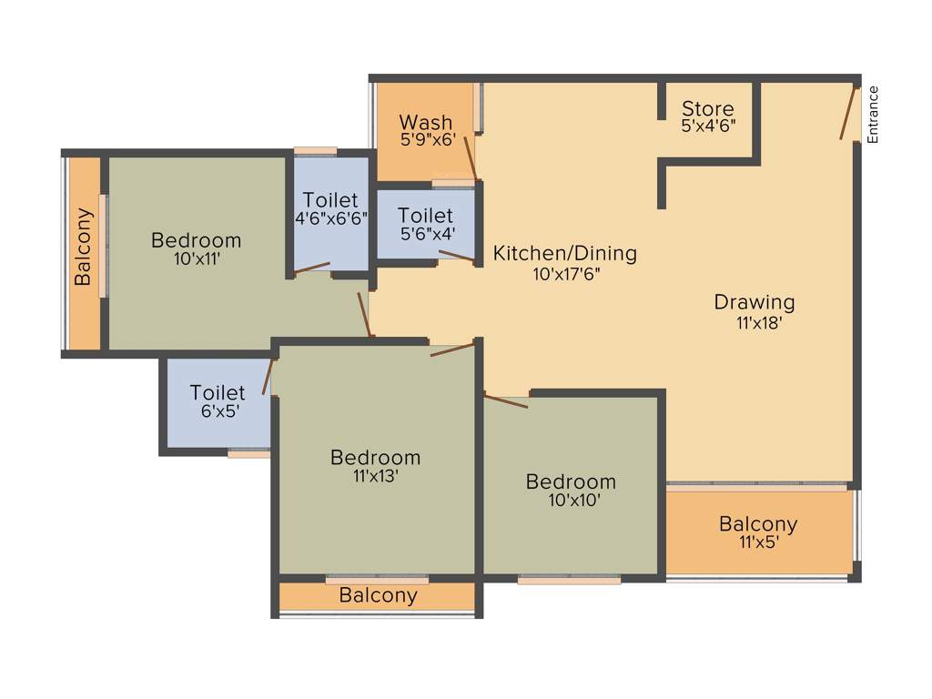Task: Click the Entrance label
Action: pyautogui.click(x=873, y=114)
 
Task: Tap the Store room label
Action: pyautogui.click(x=708, y=108)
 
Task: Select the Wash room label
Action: pyautogui.click(x=425, y=122)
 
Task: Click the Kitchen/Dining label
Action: pyautogui.click(x=564, y=253)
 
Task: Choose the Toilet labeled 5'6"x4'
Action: pyautogui.click(x=425, y=216)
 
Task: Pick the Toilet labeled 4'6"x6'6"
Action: pyautogui.click(x=330, y=199)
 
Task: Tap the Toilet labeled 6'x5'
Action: pyautogui.click(x=218, y=392)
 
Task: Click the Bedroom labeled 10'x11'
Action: pyautogui.click(x=196, y=240)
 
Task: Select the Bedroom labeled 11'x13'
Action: pyautogui.click(x=375, y=457)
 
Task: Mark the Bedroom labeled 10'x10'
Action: pyautogui.click(x=571, y=481)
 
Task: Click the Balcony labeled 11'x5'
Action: pyautogui.click(x=758, y=524)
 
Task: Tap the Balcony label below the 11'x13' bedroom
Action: pyautogui.click(x=378, y=596)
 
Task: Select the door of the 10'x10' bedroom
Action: pyautogui.click(x=505, y=400)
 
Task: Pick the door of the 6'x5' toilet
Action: pyautogui.click(x=268, y=376)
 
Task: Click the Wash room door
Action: pyautogui.click(x=470, y=157)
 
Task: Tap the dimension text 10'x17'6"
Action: pyautogui.click(x=566, y=273)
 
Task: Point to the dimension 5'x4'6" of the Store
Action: pyautogui.click(x=708, y=127)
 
